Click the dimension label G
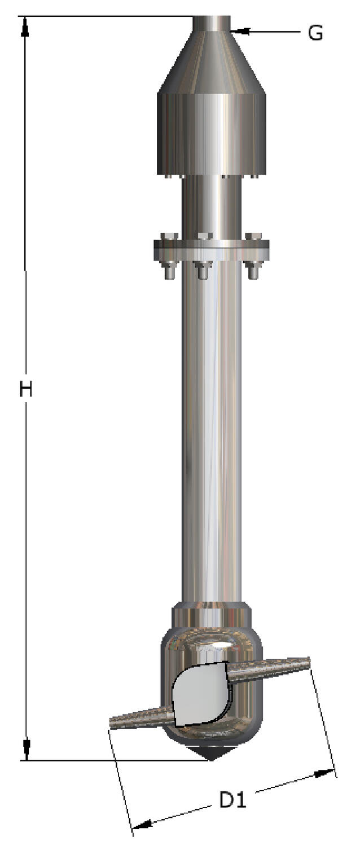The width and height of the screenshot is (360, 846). pos(315,33)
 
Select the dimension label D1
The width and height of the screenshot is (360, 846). pos(232,799)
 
